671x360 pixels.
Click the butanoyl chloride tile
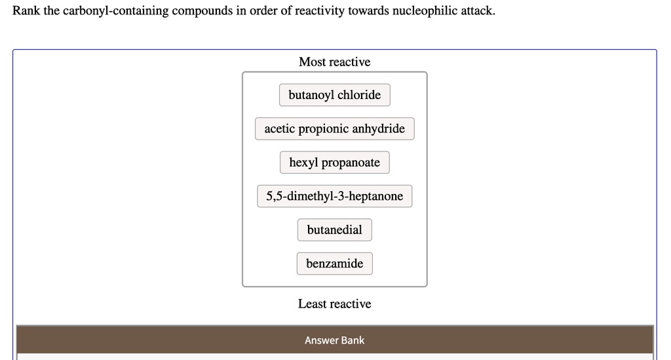(334, 95)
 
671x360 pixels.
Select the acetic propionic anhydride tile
(334, 129)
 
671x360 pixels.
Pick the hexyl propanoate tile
(334, 163)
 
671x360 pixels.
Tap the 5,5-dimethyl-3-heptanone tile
(334, 196)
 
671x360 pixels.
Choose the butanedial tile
(334, 230)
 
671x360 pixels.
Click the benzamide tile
(334, 264)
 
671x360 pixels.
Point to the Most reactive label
(334, 62)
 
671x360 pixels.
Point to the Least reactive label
(334, 304)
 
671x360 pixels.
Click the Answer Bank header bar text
(334, 340)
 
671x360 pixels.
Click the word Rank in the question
(26, 11)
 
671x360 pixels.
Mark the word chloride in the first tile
(359, 95)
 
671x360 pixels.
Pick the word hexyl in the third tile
(303, 163)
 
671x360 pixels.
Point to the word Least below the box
(313, 304)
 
